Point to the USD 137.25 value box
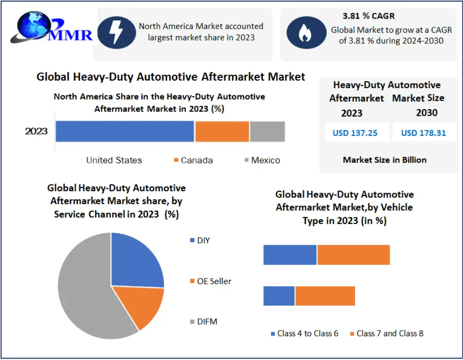(x=355, y=133)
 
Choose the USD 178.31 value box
(x=423, y=133)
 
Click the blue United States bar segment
(x=125, y=132)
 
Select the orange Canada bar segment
(x=222, y=132)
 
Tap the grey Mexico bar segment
(x=267, y=132)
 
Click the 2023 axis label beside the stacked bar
(x=36, y=131)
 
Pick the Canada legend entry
(x=193, y=160)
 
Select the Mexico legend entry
(x=262, y=160)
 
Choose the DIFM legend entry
(x=203, y=322)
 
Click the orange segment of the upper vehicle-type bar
(x=353, y=255)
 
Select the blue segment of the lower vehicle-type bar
(x=279, y=296)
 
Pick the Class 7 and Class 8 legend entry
(x=386, y=333)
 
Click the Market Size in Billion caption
(x=384, y=160)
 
